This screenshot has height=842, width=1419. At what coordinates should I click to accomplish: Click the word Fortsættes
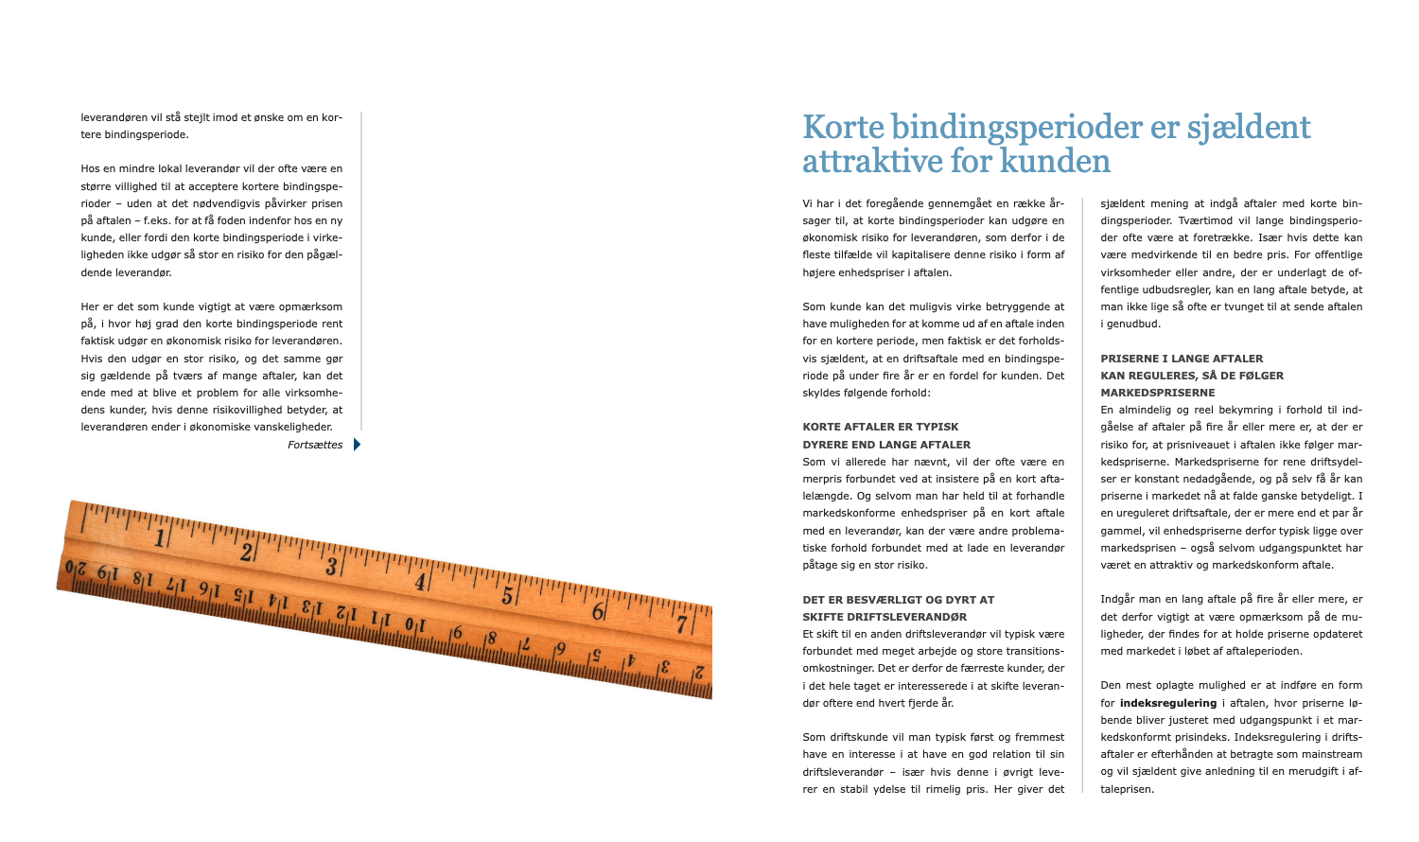[x=315, y=445]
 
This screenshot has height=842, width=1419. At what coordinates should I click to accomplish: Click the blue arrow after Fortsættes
[x=357, y=445]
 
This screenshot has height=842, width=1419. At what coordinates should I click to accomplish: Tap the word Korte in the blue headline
[x=843, y=127]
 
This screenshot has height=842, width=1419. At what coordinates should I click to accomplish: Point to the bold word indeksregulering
[x=1168, y=703]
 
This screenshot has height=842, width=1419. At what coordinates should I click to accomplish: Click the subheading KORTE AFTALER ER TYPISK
[x=880, y=427]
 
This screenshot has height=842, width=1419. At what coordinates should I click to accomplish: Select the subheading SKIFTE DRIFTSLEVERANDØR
[x=885, y=617]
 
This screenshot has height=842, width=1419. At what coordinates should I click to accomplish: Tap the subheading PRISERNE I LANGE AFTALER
[x=1182, y=359]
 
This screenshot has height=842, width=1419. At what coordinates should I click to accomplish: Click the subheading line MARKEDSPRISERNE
[x=1158, y=393]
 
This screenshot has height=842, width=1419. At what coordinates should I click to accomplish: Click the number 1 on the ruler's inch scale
[x=160, y=538]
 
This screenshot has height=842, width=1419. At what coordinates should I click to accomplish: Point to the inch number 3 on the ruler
[x=331, y=567]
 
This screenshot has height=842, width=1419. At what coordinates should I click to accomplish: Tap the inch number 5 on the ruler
[x=507, y=596]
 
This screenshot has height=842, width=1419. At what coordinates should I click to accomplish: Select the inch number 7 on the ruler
[x=681, y=625]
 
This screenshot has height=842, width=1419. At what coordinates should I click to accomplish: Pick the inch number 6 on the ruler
[x=597, y=611]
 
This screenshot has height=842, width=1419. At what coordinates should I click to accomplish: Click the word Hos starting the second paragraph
[x=91, y=169]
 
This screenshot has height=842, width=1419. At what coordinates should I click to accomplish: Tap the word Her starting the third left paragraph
[x=91, y=307]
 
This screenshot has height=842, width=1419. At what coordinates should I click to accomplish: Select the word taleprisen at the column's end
[x=1127, y=789]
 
